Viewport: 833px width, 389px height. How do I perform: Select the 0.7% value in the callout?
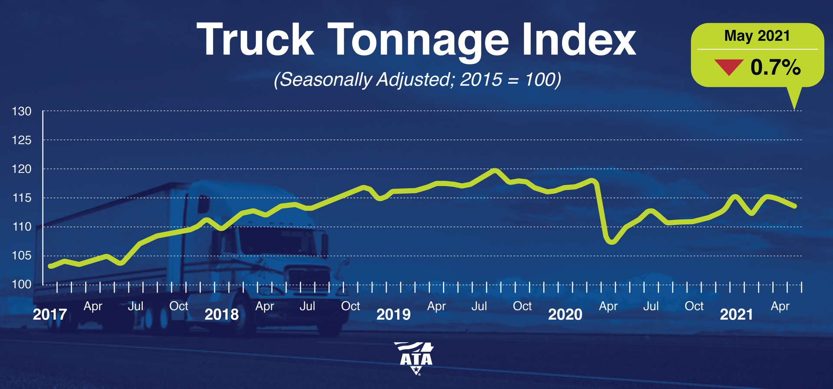[x=775, y=67]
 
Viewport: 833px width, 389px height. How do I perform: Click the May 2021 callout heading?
[x=757, y=36]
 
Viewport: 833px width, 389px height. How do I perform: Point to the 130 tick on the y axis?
[x=22, y=112]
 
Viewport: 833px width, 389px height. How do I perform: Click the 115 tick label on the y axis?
[x=22, y=198]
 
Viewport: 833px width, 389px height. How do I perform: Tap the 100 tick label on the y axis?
[x=22, y=284]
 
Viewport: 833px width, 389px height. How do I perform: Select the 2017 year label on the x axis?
[x=50, y=314]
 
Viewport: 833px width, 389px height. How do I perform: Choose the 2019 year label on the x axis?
[x=393, y=314]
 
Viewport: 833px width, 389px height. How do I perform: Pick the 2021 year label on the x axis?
[x=736, y=314]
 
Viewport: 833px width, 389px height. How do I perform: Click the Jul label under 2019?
[x=479, y=306]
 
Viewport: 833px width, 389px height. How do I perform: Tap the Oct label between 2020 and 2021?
[x=694, y=306]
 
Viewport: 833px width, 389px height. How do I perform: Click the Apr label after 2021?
[x=780, y=306]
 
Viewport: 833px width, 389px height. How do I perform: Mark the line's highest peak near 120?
[x=495, y=170]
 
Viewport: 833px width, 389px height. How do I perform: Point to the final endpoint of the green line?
[x=795, y=206]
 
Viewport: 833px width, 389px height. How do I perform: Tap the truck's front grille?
[x=308, y=278]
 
